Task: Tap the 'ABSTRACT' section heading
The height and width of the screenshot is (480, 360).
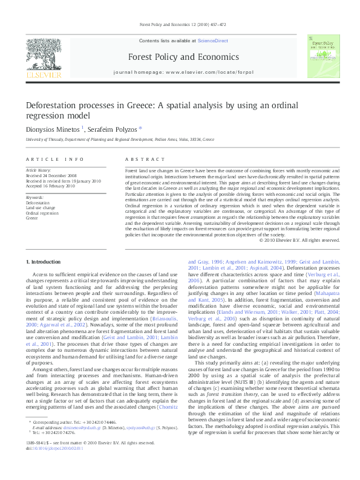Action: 141,159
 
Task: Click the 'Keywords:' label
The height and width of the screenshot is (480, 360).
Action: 35,198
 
